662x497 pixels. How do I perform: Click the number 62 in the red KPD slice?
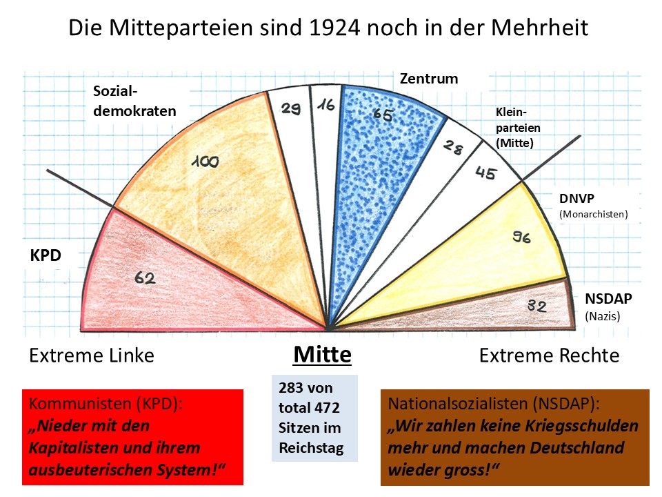(146, 278)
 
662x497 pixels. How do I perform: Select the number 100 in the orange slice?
(205, 162)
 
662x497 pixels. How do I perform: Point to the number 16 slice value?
(325, 106)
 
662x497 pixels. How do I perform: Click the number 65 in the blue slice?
(383, 115)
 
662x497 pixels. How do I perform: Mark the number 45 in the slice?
(485, 173)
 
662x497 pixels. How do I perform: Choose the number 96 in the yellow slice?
(521, 238)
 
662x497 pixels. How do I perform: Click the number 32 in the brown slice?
(537, 305)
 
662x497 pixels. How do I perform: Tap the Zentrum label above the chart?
(429, 79)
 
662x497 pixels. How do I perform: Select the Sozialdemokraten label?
(135, 101)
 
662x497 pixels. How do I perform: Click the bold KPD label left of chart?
(46, 256)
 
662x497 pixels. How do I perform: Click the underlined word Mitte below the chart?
(322, 355)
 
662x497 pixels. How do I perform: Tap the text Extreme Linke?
(92, 355)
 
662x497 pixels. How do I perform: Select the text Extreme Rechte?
(549, 355)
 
